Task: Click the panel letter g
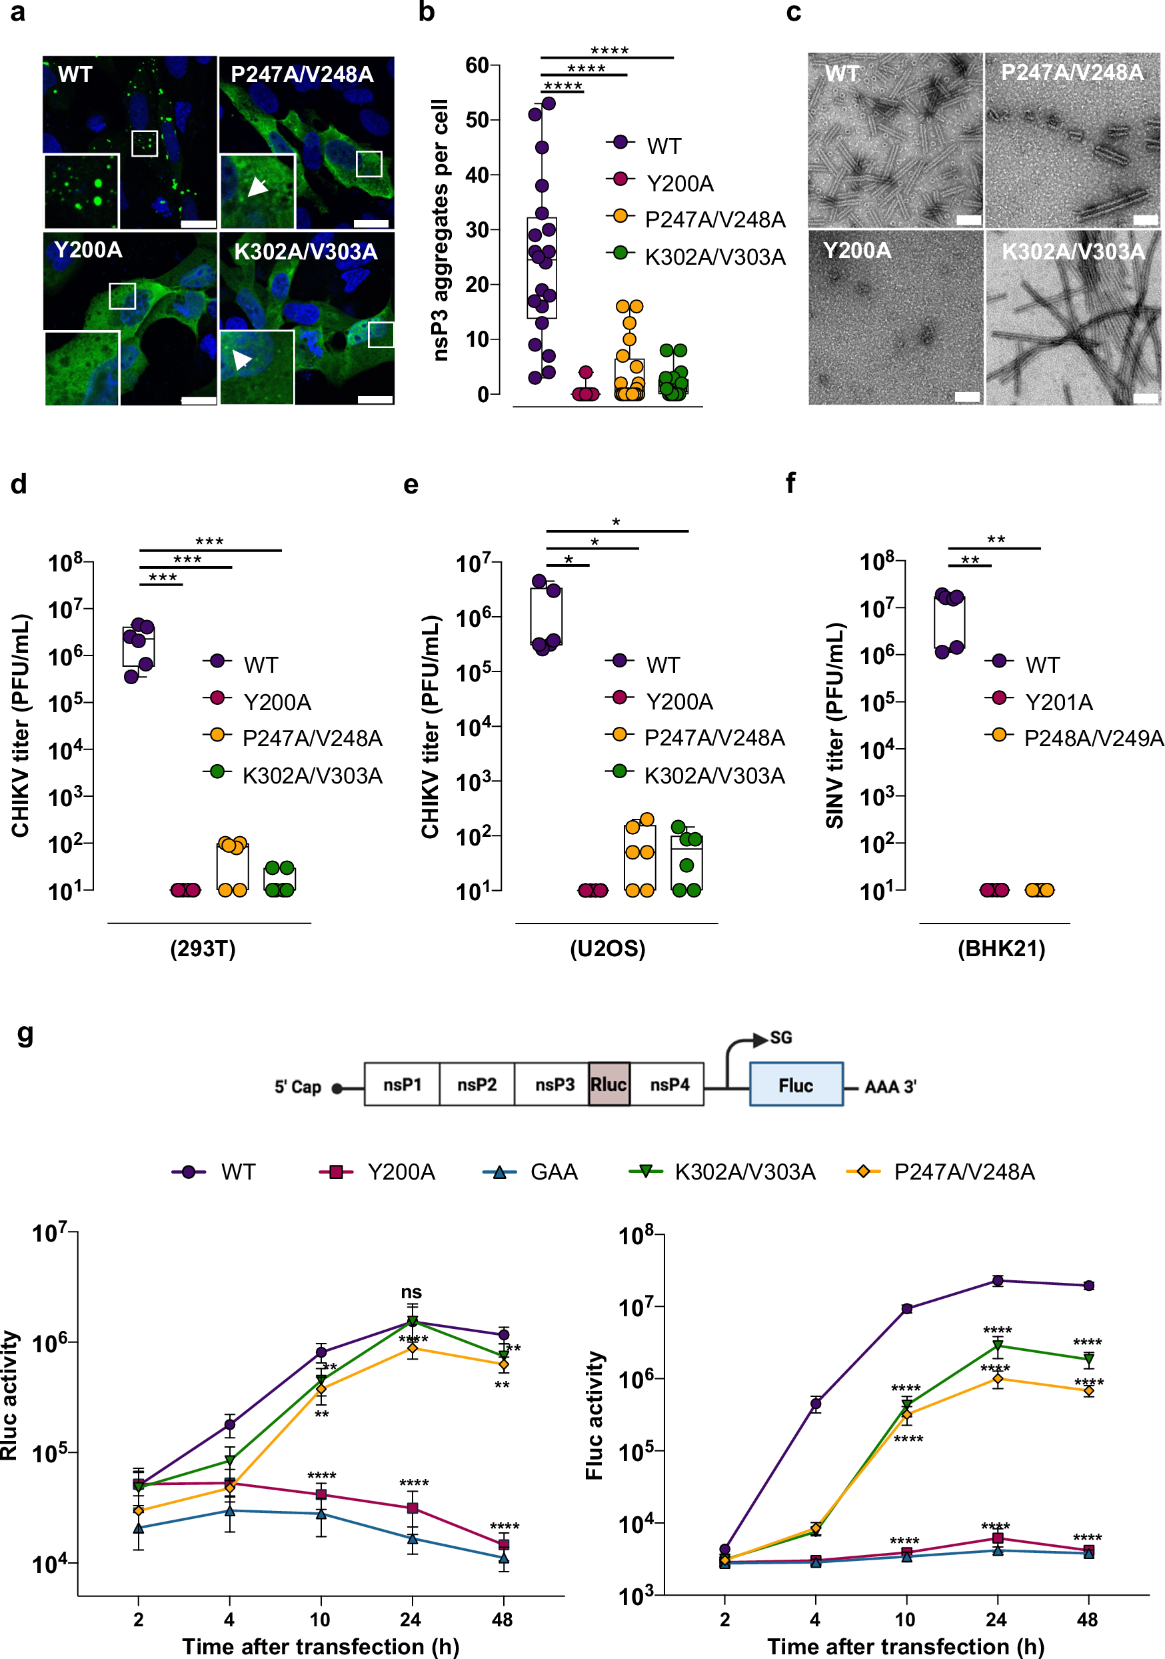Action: pos(25,1034)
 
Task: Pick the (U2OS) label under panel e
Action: pos(607,948)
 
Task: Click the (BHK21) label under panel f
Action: pos(1001,948)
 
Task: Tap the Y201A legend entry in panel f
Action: pos(1058,701)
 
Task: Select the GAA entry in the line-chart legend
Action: pos(553,1172)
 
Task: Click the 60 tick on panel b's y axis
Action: pos(477,66)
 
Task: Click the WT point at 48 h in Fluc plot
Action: pos(1088,1286)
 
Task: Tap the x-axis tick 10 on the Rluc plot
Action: pos(320,1619)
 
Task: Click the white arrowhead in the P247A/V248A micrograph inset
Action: pos(257,187)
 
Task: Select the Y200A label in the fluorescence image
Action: pos(88,250)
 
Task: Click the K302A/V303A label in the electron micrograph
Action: pos(1072,251)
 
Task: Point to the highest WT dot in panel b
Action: pos(549,103)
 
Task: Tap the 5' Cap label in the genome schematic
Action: pos(297,1087)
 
